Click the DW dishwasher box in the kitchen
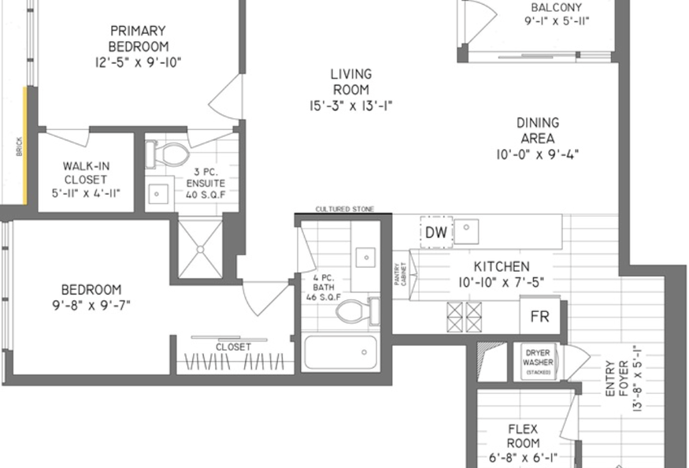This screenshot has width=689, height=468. [436, 232]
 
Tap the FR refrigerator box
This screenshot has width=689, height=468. [540, 316]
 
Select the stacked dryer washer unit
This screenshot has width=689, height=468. [537, 362]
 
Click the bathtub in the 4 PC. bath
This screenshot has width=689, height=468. [340, 352]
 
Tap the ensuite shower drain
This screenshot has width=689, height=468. [200, 250]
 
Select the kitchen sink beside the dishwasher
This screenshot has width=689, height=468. [466, 231]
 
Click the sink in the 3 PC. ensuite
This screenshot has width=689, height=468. [157, 194]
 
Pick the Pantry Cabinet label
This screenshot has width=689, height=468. [400, 274]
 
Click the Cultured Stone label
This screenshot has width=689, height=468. [345, 209]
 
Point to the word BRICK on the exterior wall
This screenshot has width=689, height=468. [19, 147]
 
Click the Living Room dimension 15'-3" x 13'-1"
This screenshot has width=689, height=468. [351, 106]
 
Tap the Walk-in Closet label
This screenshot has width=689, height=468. [86, 173]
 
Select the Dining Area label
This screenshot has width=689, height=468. [538, 130]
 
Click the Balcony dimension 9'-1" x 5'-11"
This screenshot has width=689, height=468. [556, 21]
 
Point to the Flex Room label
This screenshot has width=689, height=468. [523, 436]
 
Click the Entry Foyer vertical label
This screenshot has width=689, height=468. [617, 378]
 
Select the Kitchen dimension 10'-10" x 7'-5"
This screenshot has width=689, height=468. [501, 282]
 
